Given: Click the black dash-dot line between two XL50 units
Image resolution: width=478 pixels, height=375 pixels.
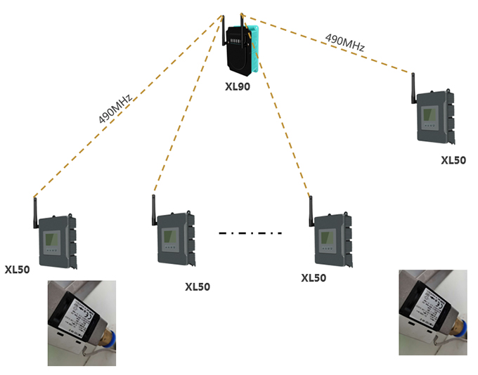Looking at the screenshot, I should [x=250, y=232].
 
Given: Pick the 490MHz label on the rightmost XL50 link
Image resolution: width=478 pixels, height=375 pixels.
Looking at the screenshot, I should [x=344, y=41].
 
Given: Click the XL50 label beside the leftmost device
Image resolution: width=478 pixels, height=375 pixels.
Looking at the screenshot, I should [x=17, y=269].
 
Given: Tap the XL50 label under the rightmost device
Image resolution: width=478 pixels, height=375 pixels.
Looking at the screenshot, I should [x=453, y=160].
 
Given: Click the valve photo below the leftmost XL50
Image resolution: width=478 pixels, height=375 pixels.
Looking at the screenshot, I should [x=82, y=322].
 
